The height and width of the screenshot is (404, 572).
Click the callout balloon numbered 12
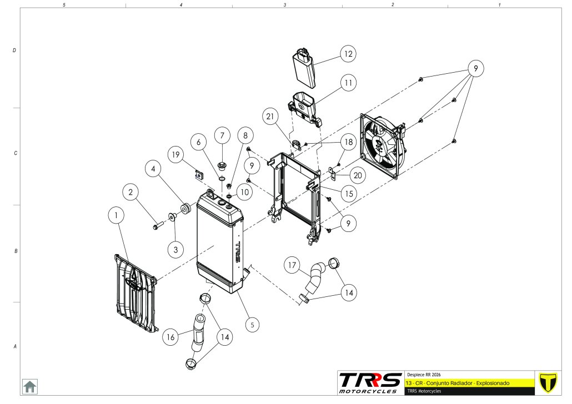348,54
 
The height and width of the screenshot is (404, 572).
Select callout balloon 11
348,83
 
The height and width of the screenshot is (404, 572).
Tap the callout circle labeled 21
270,117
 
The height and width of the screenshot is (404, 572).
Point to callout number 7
222,135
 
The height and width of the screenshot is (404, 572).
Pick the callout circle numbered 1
117,215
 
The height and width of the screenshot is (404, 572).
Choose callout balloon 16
171,336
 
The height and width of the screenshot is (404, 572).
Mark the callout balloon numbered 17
294,265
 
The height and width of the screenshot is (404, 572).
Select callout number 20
358,175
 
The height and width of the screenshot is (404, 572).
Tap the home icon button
29,386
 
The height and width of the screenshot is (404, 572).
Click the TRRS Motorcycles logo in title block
370,383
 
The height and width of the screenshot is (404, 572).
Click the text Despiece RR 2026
424,374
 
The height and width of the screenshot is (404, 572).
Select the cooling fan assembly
382,147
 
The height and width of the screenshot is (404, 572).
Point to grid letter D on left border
14,50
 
